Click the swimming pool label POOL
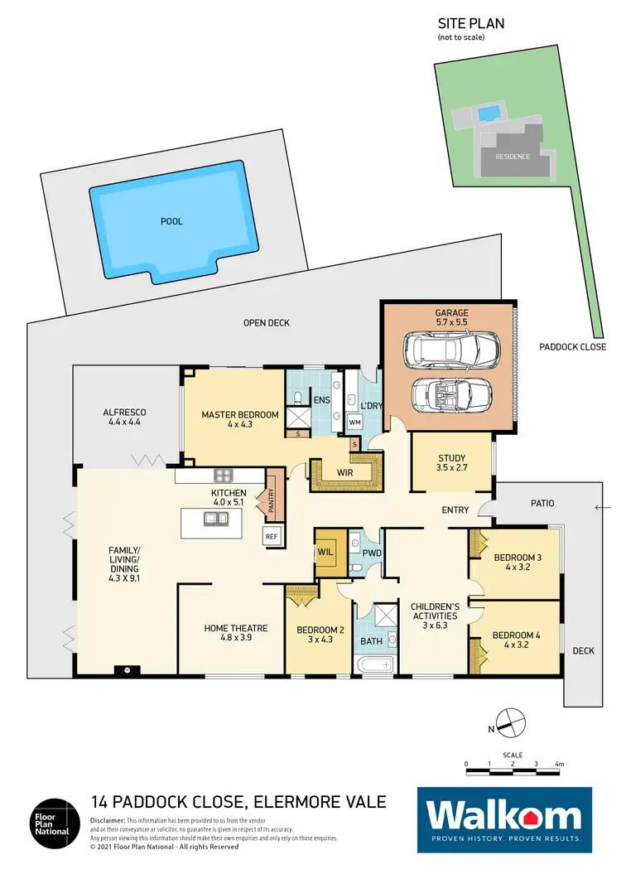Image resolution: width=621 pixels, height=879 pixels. point(172,221)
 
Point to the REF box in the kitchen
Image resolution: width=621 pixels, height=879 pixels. point(272,536)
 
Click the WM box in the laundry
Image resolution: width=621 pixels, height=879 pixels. point(355,423)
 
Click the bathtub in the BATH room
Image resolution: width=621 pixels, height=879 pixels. point(377,665)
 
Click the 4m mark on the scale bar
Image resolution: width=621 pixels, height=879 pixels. point(560,764)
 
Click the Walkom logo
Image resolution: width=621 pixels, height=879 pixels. point(508,819)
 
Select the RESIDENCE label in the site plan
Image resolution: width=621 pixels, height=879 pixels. point(512,157)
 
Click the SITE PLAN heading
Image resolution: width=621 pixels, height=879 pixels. point(470,24)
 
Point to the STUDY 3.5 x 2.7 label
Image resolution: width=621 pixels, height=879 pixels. point(452,462)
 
